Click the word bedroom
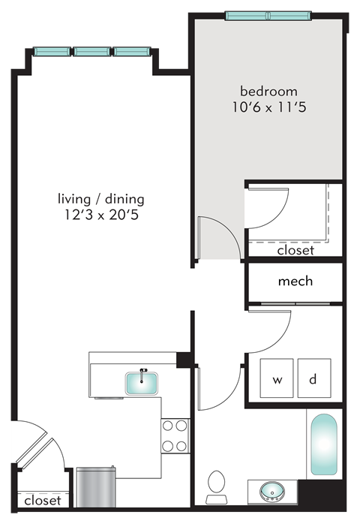(x=268, y=92)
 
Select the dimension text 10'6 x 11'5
(x=268, y=107)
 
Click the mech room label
(x=295, y=282)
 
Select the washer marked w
(x=277, y=379)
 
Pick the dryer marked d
(x=314, y=379)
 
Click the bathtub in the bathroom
(x=324, y=444)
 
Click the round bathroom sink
(x=271, y=493)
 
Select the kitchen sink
(x=141, y=383)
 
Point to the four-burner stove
(x=175, y=435)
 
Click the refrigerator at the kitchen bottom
(x=95, y=487)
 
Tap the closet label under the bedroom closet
(x=295, y=251)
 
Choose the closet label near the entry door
(x=42, y=499)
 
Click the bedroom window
(x=268, y=16)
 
